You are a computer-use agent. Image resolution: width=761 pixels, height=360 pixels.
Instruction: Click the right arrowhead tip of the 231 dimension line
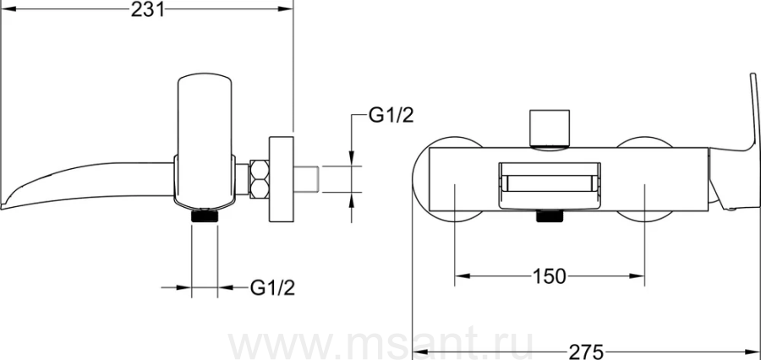click(x=293, y=8)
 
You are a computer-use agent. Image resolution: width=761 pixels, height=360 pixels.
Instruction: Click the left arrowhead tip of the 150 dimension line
click(x=455, y=276)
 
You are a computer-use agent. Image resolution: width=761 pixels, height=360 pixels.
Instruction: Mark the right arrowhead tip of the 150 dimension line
click(x=644, y=276)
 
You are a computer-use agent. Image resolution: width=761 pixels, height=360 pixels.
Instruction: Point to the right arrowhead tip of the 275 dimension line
click(x=759, y=350)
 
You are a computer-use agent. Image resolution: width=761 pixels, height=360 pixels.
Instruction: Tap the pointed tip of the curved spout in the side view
click(x=2, y=209)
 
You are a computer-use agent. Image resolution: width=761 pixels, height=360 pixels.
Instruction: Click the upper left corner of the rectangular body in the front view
click(x=430, y=148)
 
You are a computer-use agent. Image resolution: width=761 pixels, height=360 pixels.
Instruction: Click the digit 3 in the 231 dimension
click(x=147, y=8)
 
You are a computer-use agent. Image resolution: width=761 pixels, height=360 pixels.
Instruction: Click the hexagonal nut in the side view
click(x=259, y=178)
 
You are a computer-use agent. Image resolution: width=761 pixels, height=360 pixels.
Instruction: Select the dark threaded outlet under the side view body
click(x=205, y=215)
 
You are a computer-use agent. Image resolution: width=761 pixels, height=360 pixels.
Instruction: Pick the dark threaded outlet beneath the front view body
click(x=550, y=215)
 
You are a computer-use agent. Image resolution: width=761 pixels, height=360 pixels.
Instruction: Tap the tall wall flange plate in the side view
click(x=281, y=179)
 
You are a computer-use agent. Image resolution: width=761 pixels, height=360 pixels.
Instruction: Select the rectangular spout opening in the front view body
click(x=550, y=186)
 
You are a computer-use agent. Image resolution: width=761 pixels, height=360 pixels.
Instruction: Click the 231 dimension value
click(x=147, y=8)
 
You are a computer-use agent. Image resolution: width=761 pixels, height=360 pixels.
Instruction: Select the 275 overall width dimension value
click(x=586, y=352)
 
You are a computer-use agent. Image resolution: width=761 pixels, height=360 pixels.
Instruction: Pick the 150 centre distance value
click(x=550, y=276)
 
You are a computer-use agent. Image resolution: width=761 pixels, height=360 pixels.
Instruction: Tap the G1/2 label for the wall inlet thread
click(x=391, y=115)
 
